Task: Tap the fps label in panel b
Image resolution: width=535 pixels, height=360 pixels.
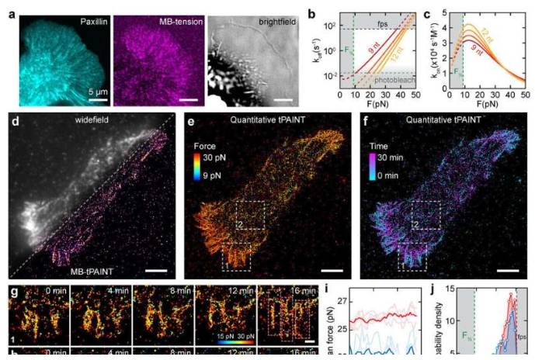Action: [x=383, y=22]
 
